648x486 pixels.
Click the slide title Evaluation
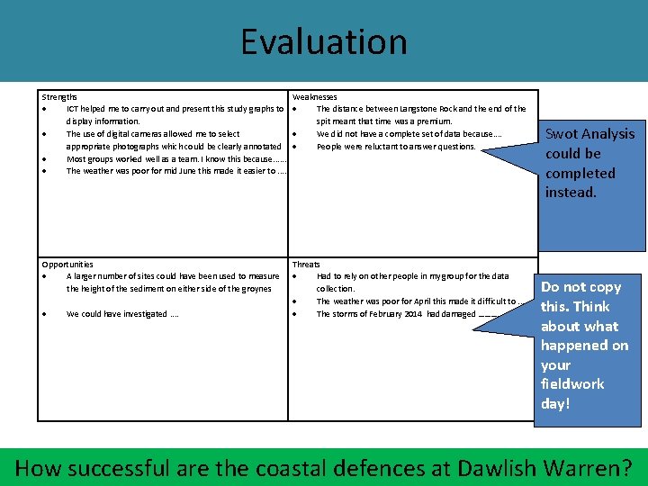coord(323,41)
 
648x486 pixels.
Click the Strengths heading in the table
coord(59,96)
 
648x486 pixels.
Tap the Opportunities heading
coord(67,265)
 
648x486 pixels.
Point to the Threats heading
coord(306,265)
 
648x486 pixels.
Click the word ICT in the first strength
coord(74,109)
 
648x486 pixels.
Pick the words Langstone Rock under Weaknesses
coord(438,109)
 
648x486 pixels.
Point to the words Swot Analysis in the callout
coord(589,134)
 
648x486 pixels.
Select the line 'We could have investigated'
coord(117,314)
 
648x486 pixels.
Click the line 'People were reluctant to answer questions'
coord(396,147)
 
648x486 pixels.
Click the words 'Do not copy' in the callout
coord(580,287)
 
